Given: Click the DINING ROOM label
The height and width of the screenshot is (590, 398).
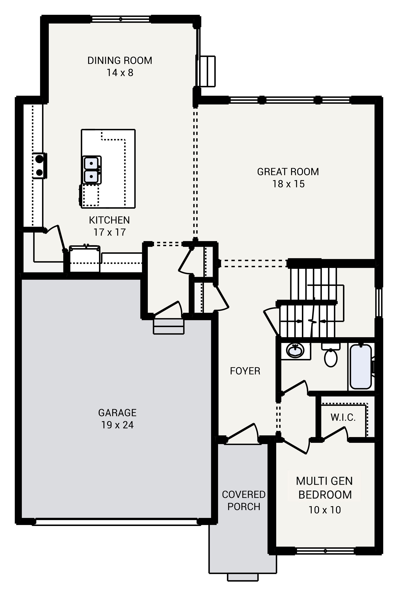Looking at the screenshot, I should [120, 60].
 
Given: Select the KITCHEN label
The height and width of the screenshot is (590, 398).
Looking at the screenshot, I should [109, 220].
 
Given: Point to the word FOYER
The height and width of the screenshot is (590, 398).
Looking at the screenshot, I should [245, 371].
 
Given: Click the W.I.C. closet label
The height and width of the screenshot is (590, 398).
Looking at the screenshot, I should [343, 417].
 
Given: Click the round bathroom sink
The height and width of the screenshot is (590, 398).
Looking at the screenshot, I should [295, 351].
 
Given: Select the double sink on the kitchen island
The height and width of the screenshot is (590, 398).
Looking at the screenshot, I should [91, 170].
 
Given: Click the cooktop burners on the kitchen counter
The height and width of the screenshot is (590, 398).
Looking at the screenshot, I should [39, 166].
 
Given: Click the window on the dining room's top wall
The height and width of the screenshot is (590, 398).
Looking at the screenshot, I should [120, 19].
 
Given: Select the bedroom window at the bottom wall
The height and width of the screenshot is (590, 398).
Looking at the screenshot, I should [325, 551].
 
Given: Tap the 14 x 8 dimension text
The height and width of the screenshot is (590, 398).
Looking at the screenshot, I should [120, 73].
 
